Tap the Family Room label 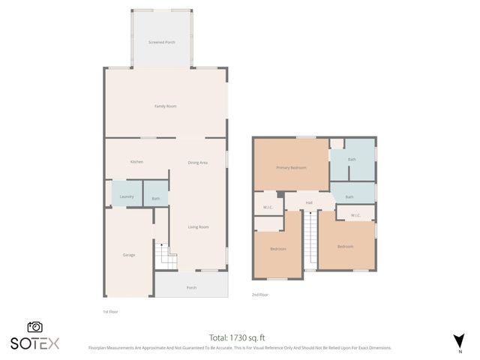[166, 106]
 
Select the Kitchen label [136, 162]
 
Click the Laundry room [127, 196]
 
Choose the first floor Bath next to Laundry [156, 199]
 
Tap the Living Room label [199, 226]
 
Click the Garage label [129, 255]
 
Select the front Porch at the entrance [191, 287]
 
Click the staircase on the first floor [164, 256]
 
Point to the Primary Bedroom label [291, 167]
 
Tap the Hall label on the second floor [308, 202]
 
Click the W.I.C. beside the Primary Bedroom [268, 207]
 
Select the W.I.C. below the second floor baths [355, 215]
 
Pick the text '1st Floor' [110, 311]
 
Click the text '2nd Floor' [260, 295]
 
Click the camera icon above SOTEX [35, 327]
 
